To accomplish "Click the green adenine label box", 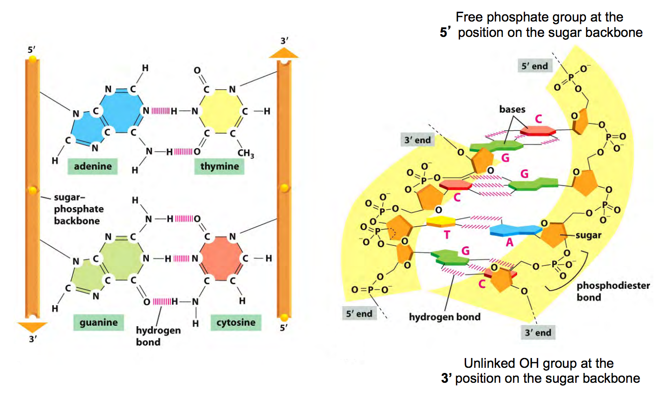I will (x=92, y=166).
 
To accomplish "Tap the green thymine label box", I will (x=219, y=166).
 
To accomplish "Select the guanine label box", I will (x=98, y=322).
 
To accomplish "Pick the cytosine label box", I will (x=236, y=322).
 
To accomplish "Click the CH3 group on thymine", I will (x=246, y=153).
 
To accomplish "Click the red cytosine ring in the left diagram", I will (x=220, y=258).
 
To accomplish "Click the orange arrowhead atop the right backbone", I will (x=284, y=52).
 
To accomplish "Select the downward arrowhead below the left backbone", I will (x=32, y=326).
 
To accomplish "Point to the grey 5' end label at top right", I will (x=534, y=66).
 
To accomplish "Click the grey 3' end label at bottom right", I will (x=538, y=333).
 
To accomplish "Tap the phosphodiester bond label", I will (x=613, y=291).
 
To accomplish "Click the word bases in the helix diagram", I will (x=512, y=109).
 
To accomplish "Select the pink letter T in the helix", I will (x=447, y=235).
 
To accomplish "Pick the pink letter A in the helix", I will (x=510, y=242).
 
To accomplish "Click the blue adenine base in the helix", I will (x=515, y=230).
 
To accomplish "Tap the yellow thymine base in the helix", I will (x=441, y=221).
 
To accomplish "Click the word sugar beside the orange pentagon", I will (x=588, y=235).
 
